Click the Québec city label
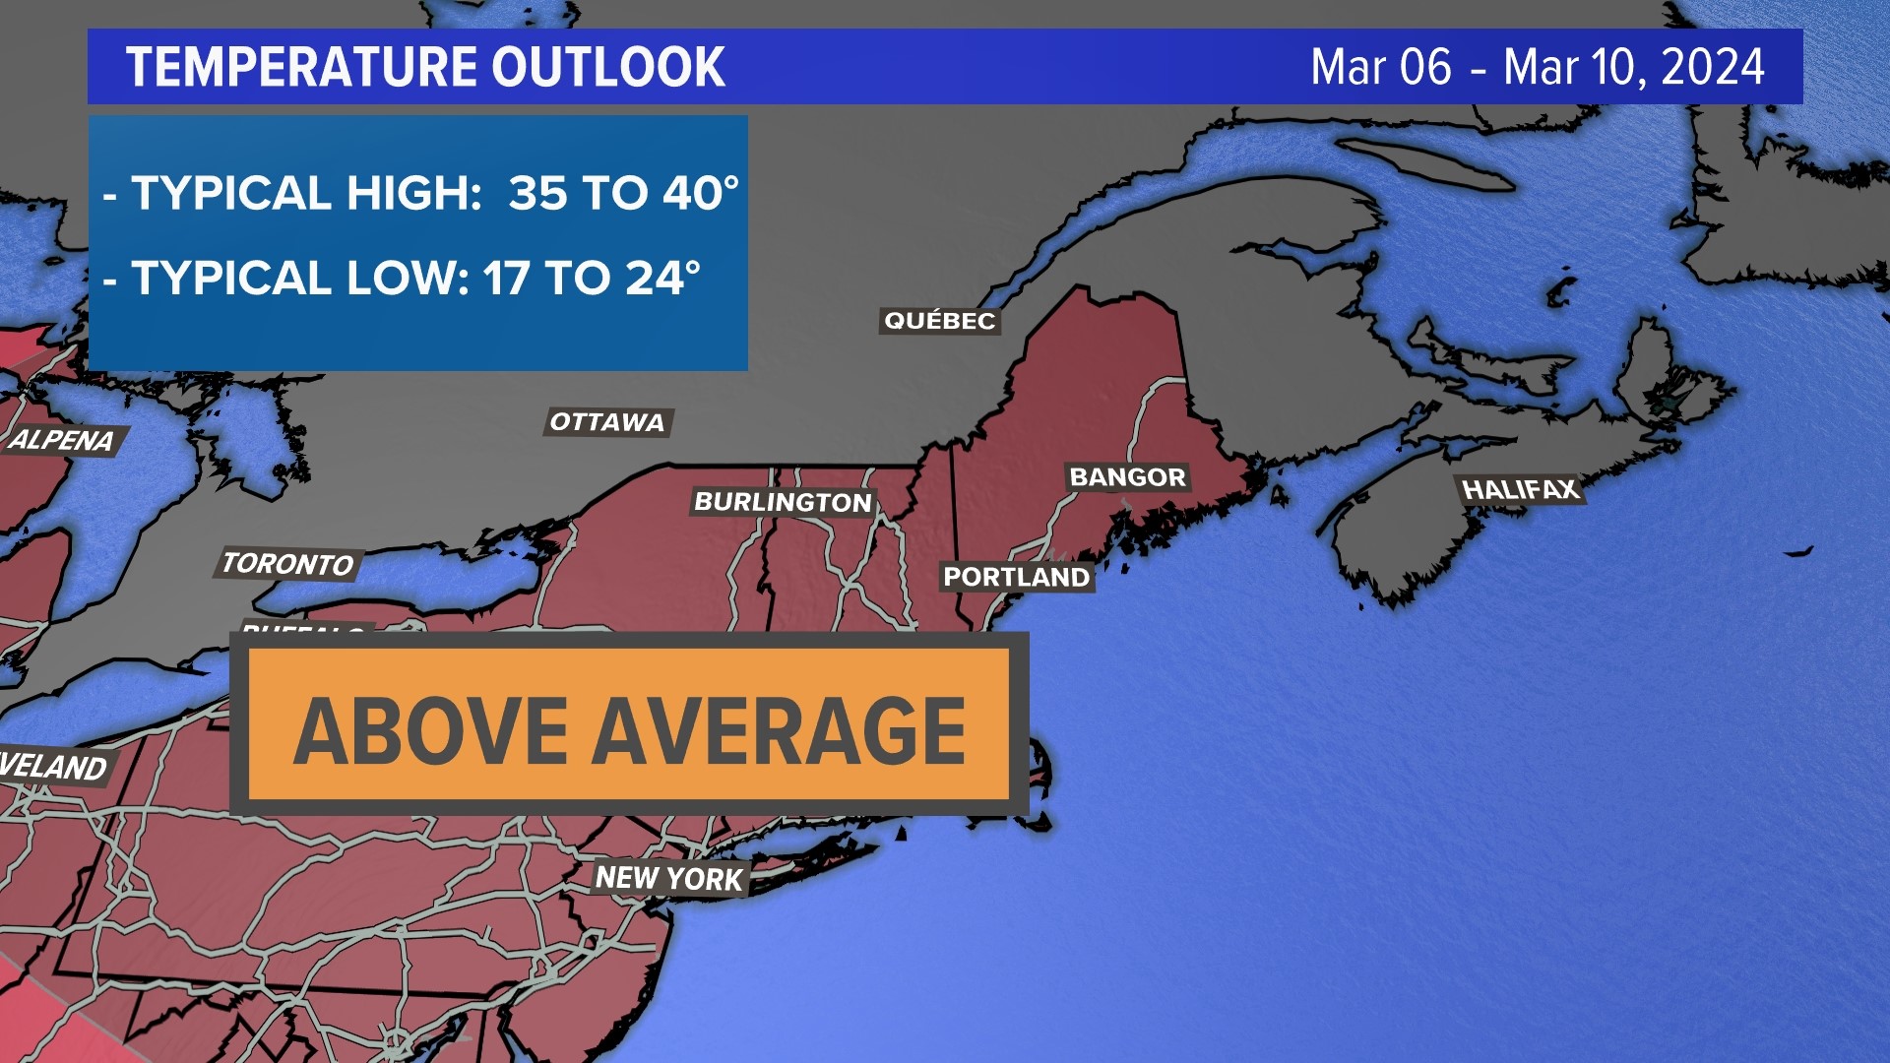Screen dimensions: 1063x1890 (939, 321)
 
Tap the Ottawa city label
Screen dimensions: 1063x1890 (607, 422)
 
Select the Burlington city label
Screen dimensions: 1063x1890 (783, 502)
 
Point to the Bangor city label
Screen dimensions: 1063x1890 (1127, 477)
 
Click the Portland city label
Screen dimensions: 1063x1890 (1016, 577)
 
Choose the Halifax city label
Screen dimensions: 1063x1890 (1519, 489)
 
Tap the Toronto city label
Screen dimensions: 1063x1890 (287, 564)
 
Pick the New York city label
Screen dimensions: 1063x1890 (669, 878)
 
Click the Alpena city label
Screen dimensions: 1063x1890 (61, 440)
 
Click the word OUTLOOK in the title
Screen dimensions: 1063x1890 (608, 67)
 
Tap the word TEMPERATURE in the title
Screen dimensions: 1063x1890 (300, 67)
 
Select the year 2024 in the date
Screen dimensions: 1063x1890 (1713, 67)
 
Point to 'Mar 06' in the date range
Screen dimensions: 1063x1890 (1380, 67)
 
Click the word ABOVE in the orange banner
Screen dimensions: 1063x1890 (431, 730)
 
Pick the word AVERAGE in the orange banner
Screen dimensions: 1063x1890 (780, 730)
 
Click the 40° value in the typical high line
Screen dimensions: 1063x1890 (700, 193)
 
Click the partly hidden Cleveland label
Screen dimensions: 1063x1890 (53, 766)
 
